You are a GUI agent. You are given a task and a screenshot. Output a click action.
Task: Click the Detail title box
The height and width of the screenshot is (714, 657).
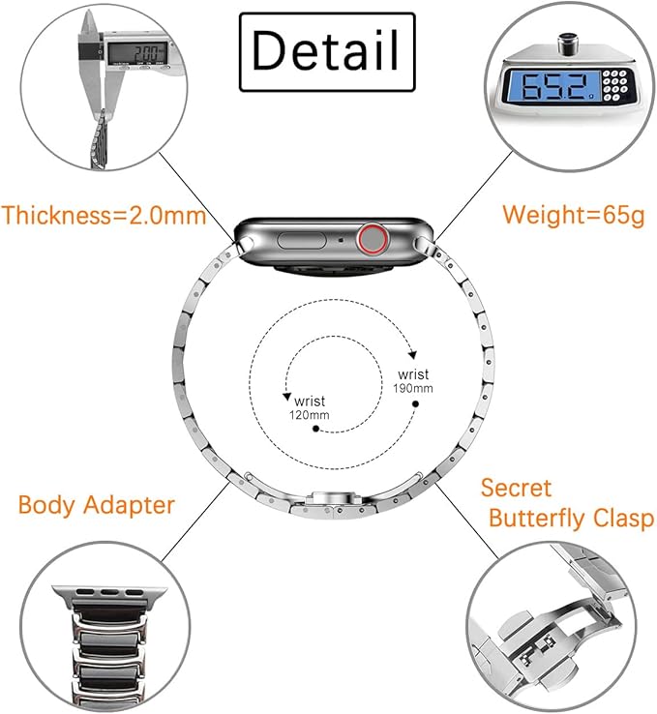(326, 50)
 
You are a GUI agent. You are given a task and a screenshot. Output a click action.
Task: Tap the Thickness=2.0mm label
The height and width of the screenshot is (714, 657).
(105, 215)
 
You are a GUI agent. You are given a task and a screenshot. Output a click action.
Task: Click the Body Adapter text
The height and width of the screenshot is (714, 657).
(96, 504)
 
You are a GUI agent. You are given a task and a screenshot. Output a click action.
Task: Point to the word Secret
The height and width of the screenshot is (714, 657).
(516, 487)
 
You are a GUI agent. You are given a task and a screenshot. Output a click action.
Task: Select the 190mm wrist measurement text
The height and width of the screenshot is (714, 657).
(414, 380)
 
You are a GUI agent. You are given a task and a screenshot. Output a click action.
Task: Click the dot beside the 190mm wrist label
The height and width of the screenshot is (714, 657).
(415, 402)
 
